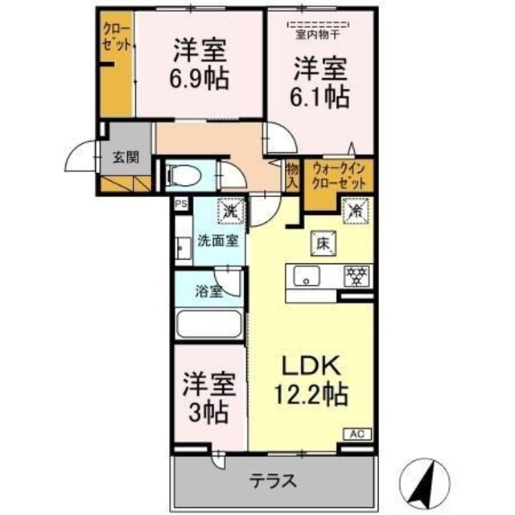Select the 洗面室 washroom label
[218, 240]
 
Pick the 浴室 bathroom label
[211, 291]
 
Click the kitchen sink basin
[307, 278]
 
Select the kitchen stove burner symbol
[354, 277]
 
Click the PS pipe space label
[182, 204]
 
